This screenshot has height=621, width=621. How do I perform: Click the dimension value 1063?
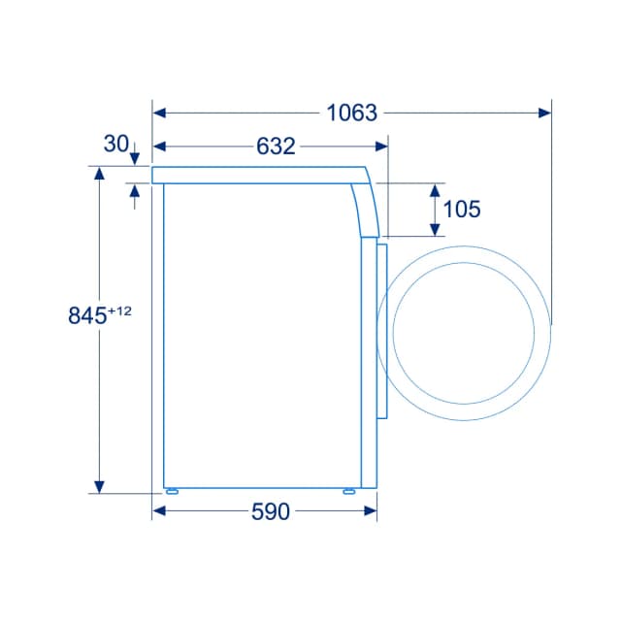coord(351,113)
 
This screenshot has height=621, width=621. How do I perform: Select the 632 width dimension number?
coord(276,147)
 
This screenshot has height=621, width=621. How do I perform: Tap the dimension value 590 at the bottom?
coord(271,512)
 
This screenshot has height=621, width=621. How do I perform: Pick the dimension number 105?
coord(462,209)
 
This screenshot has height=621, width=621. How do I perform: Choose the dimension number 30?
coord(115,144)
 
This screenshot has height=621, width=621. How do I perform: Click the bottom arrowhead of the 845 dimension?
coord(98,485)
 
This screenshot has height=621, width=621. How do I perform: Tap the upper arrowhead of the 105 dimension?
coord(436,189)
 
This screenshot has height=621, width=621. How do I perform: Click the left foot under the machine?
coord(172,491)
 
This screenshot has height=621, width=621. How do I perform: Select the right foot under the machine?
coord(348,491)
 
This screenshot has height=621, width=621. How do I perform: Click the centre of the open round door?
coord(464,333)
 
